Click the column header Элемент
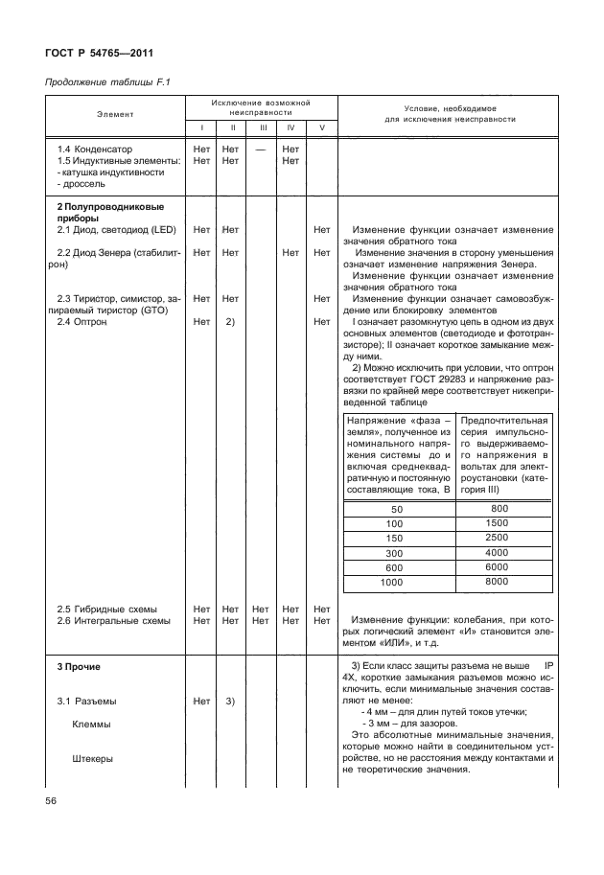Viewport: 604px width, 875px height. [x=115, y=114]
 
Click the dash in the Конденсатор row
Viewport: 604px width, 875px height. [x=261, y=150]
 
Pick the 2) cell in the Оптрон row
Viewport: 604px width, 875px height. [x=230, y=322]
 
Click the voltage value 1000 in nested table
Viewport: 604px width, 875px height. [x=392, y=582]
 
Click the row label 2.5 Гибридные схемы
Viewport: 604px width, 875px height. [x=106, y=609]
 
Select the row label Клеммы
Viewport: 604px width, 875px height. [x=92, y=725]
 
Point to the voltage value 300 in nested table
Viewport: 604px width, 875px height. [x=392, y=553]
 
